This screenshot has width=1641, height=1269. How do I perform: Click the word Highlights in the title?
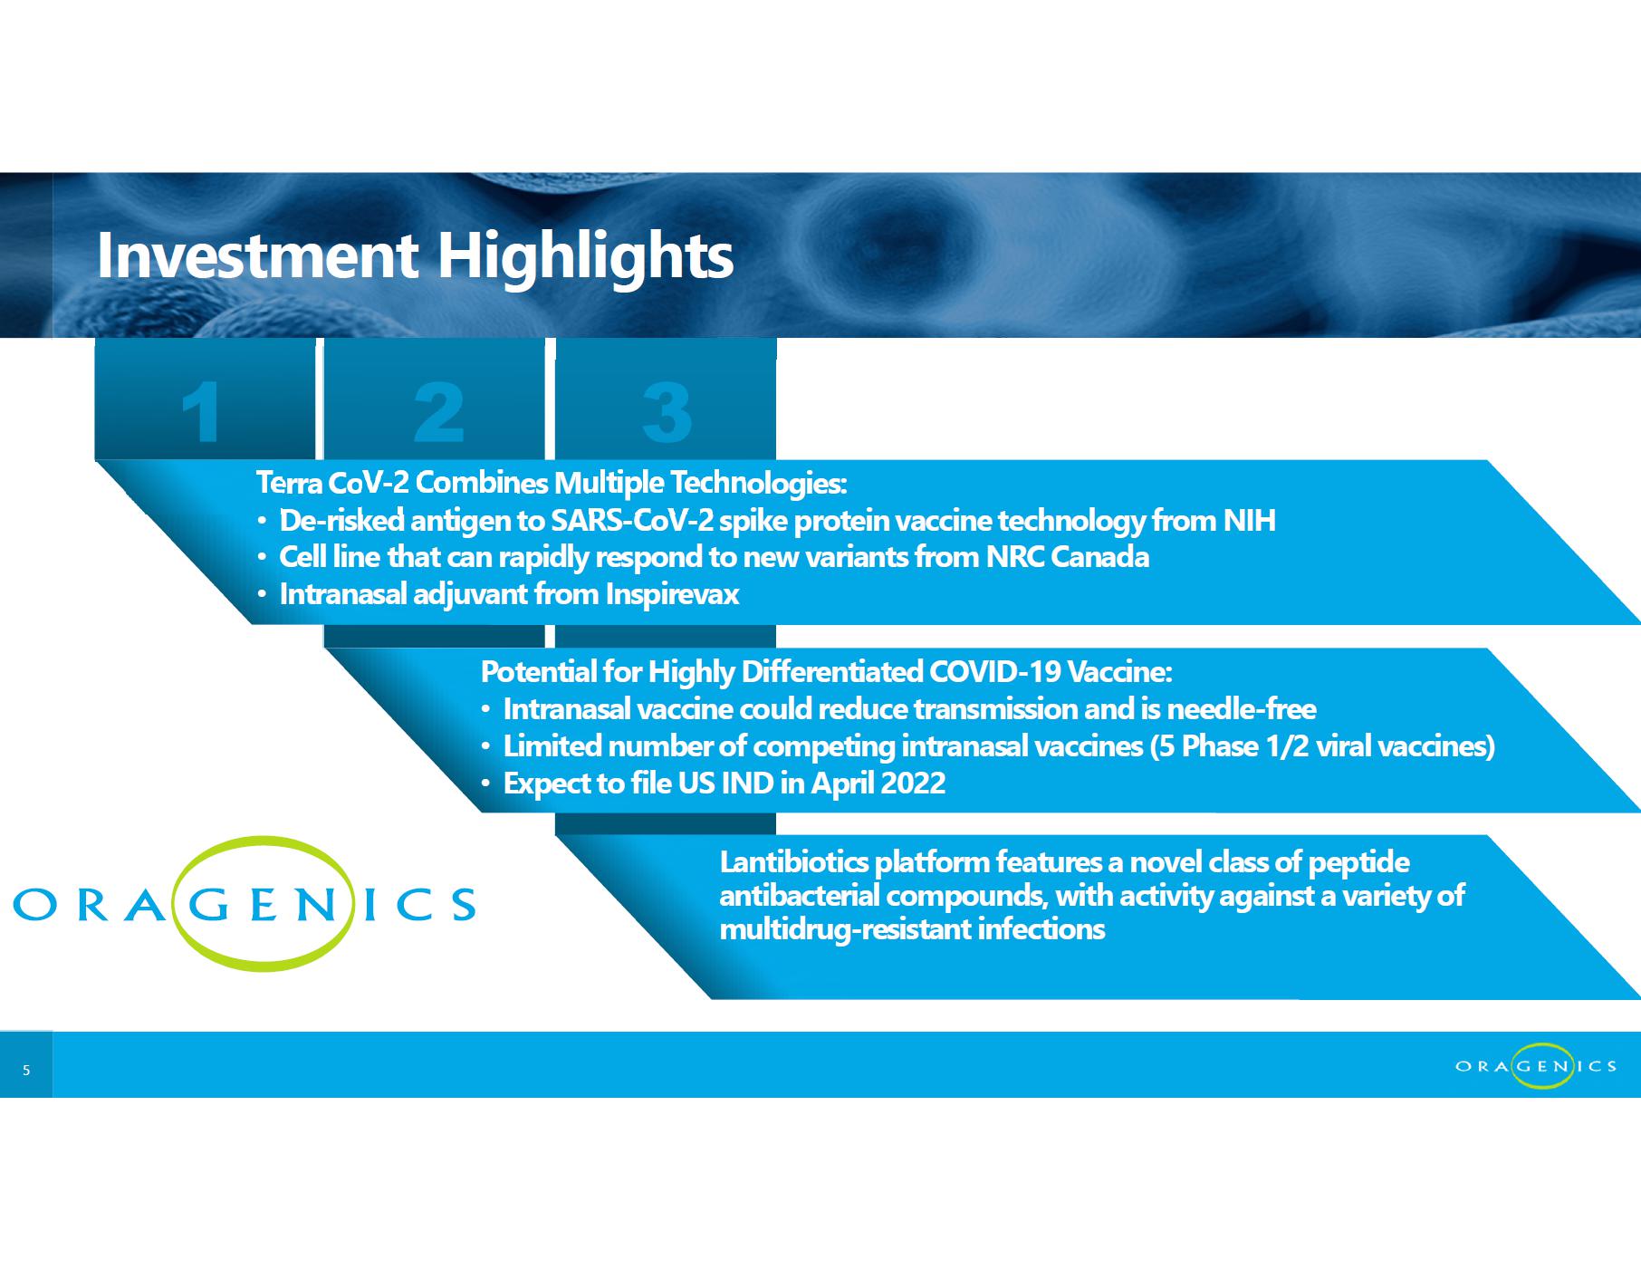tap(585, 257)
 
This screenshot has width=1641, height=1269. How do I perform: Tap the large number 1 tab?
tap(205, 399)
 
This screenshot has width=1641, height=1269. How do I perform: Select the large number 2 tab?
tap(435, 399)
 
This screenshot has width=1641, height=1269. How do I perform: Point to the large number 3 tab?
tap(666, 399)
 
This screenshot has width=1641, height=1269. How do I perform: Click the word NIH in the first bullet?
tap(1249, 521)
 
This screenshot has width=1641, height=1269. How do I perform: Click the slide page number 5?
tap(26, 1071)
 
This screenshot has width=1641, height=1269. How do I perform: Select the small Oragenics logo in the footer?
tap(1536, 1066)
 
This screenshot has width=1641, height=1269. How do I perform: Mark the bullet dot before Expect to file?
tap(486, 784)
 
